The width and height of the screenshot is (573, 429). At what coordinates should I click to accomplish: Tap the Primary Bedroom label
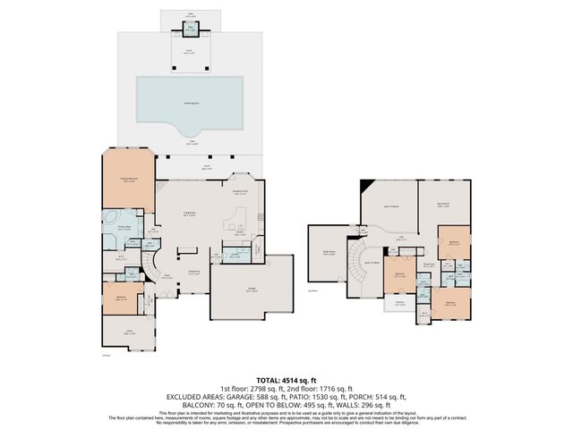(128, 179)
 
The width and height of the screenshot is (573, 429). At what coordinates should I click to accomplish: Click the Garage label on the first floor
(251, 289)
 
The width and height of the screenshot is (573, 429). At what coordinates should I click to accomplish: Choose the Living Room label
(191, 213)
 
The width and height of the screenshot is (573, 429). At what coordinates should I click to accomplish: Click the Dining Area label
(192, 273)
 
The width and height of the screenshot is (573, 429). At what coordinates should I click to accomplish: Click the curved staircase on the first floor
(154, 265)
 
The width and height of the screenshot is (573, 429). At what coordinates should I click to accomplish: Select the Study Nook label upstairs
(429, 264)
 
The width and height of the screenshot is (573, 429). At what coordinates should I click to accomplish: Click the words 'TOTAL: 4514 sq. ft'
(286, 381)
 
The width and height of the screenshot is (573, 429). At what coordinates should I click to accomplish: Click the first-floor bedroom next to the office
(120, 298)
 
